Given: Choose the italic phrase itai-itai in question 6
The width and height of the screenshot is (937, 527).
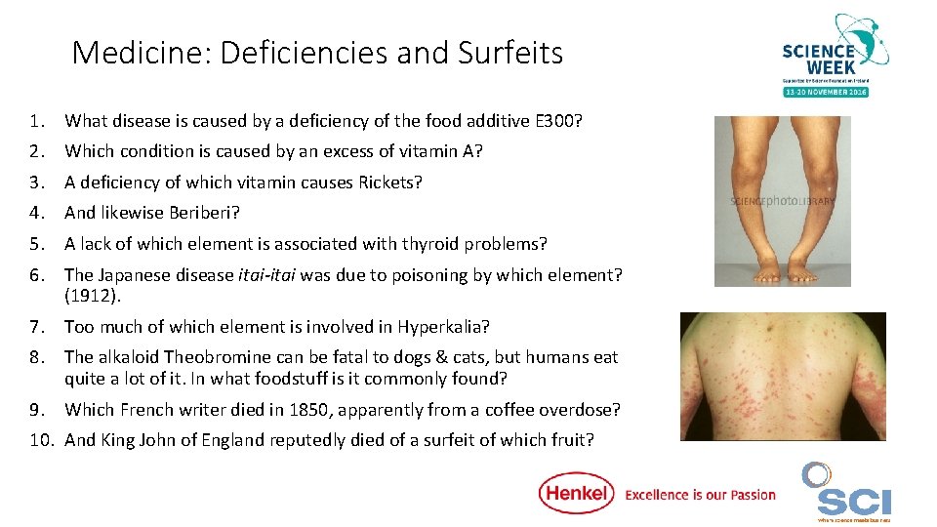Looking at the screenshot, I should tap(266, 275).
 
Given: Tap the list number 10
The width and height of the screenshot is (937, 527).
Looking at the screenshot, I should tap(41, 440).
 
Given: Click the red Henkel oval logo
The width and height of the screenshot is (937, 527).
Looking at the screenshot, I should tap(576, 493).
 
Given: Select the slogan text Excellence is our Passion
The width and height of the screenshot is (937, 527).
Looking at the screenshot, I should tap(700, 495).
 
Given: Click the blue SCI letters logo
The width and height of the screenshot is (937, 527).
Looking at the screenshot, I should tap(854, 502).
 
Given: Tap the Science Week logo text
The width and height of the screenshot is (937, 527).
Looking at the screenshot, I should tap(818, 58).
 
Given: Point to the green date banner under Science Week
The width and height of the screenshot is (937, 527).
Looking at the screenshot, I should tap(825, 91).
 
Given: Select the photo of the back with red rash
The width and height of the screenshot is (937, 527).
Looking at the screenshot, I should tap(783, 376).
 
